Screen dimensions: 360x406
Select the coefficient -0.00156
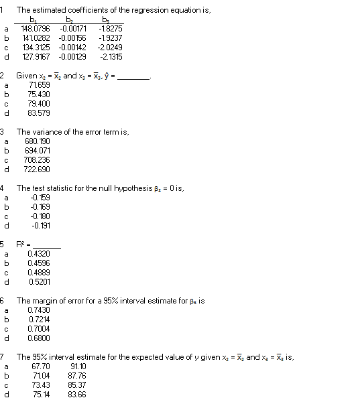pyautogui.click(x=72, y=38)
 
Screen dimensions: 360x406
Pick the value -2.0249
pyautogui.click(x=109, y=48)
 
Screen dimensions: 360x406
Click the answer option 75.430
pyautogui.click(x=38, y=94)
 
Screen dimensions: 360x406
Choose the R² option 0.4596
pyautogui.click(x=39, y=263)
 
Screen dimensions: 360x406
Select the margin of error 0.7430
pyautogui.click(x=38, y=310)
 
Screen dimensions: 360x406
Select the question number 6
pyautogui.click(x=3, y=301)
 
